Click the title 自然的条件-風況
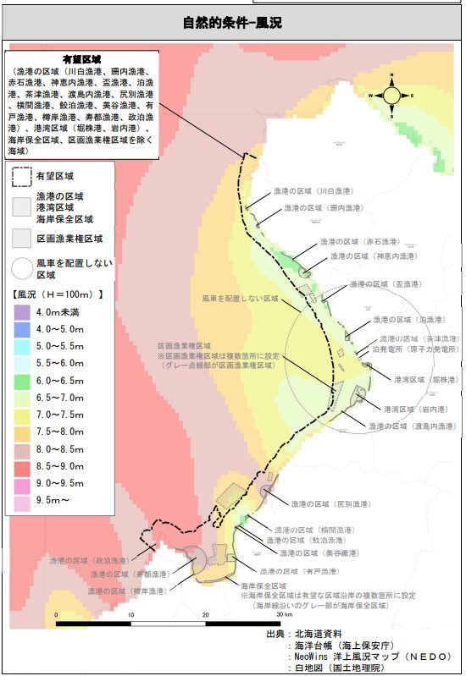click(x=232, y=22)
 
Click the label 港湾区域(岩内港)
click(x=400, y=409)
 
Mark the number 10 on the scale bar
click(x=131, y=615)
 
